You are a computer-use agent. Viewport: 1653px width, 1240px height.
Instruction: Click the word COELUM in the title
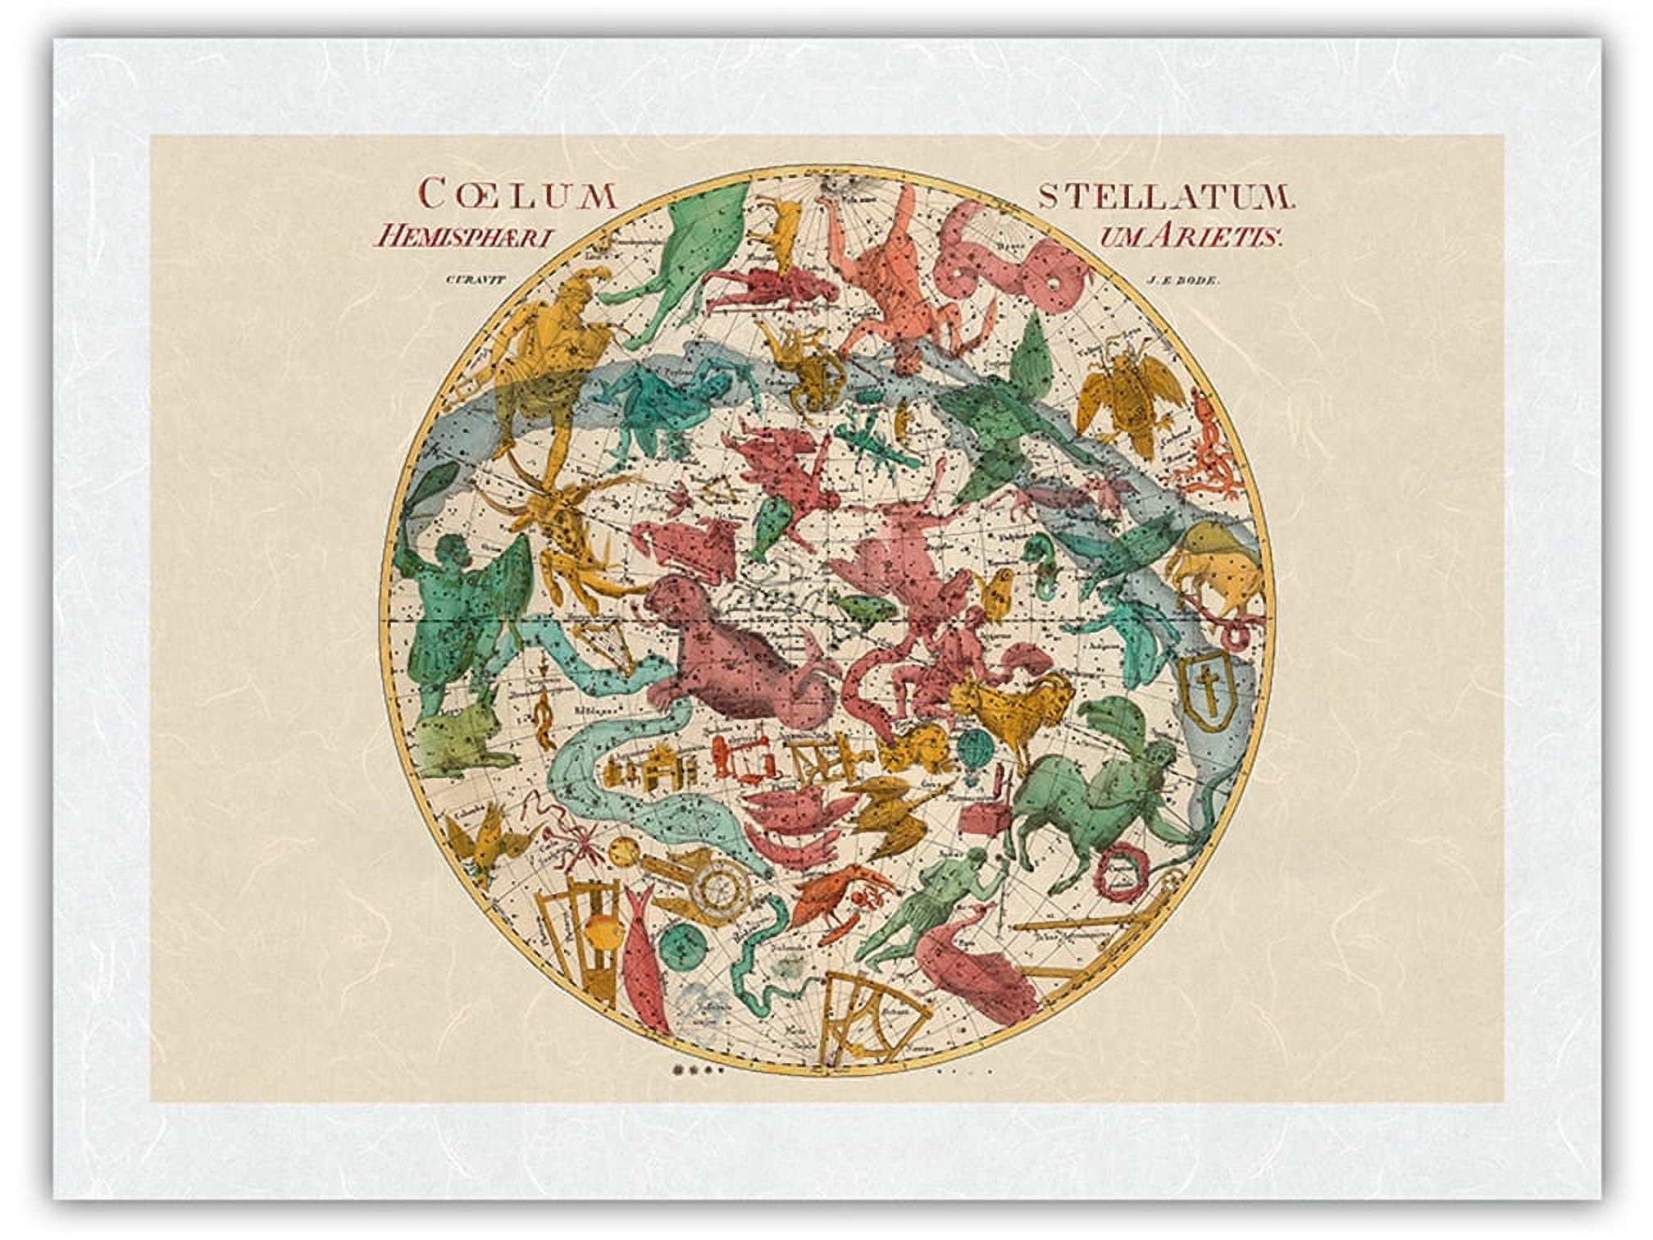[x=517, y=195]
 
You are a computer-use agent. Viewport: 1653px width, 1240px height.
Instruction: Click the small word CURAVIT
[x=472, y=280]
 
